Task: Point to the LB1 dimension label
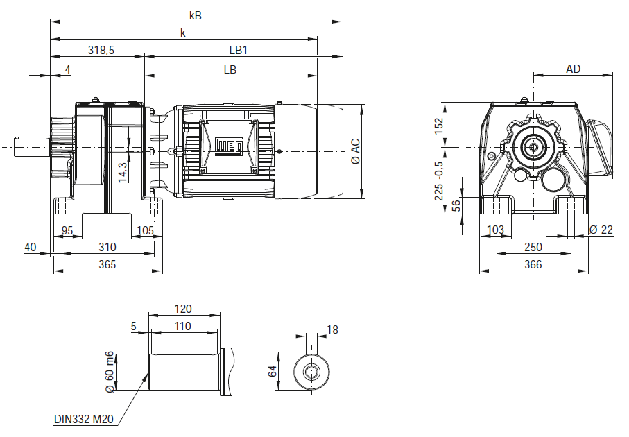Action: pyautogui.click(x=239, y=51)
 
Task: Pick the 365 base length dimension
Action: pyautogui.click(x=107, y=264)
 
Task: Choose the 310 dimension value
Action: pyautogui.click(x=107, y=247)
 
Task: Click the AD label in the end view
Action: pyautogui.click(x=574, y=69)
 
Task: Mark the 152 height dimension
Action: pyautogui.click(x=438, y=126)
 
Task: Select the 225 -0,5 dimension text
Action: pyautogui.click(x=438, y=182)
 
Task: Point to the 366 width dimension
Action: pyautogui.click(x=533, y=264)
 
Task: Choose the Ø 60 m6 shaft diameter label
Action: pyautogui.click(x=110, y=372)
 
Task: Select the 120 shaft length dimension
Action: pyautogui.click(x=183, y=309)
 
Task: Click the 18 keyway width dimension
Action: pyautogui.click(x=332, y=330)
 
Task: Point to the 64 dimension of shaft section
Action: pyautogui.click(x=273, y=372)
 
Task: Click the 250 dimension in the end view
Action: pyautogui.click(x=533, y=247)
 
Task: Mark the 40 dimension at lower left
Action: pyautogui.click(x=30, y=247)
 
